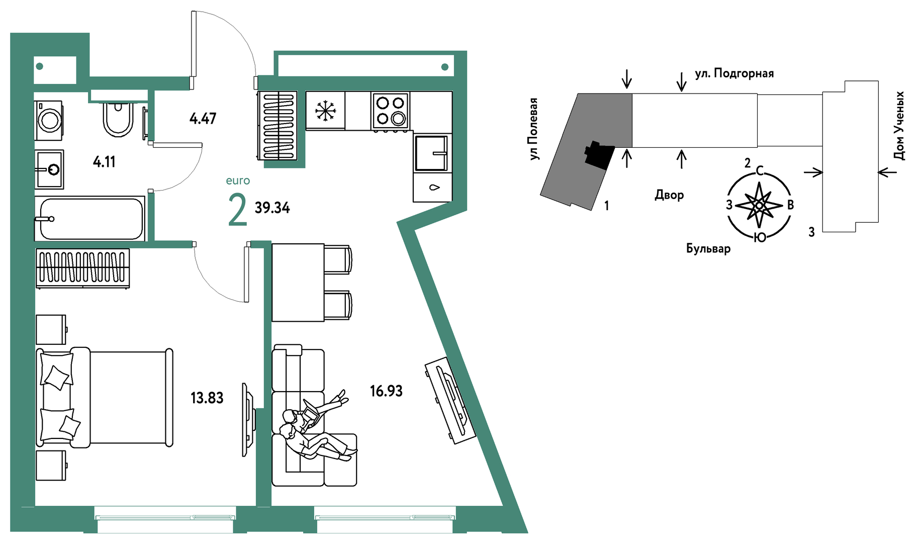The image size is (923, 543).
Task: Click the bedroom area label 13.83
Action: pyautogui.click(x=207, y=398)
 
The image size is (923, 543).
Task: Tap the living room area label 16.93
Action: pyautogui.click(x=386, y=391)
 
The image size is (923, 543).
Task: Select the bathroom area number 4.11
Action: pyautogui.click(x=104, y=161)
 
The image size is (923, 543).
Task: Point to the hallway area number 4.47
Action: pyautogui.click(x=203, y=118)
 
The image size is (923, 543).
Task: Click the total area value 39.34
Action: pyautogui.click(x=272, y=207)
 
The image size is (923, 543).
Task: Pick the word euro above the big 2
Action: pyautogui.click(x=238, y=180)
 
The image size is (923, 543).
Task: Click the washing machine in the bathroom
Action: pyautogui.click(x=49, y=120)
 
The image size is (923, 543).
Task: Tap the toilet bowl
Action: pyautogui.click(x=119, y=119)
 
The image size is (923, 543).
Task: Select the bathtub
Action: pyautogui.click(x=90, y=219)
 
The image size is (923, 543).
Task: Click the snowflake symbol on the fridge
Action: pyautogui.click(x=325, y=111)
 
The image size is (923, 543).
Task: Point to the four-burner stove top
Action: pyautogui.click(x=391, y=111)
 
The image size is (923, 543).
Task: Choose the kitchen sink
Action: pyautogui.click(x=431, y=153)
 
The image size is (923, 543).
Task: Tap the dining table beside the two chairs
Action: pyautogui.click(x=298, y=282)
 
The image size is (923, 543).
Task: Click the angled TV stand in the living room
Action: pyautogui.click(x=450, y=400)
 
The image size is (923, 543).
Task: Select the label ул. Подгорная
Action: pyautogui.click(x=734, y=73)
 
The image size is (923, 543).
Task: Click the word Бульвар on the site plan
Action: pyautogui.click(x=708, y=248)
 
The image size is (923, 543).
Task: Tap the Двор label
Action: pyautogui.click(x=669, y=195)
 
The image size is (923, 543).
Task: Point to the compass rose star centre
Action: pyautogui.click(x=759, y=205)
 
